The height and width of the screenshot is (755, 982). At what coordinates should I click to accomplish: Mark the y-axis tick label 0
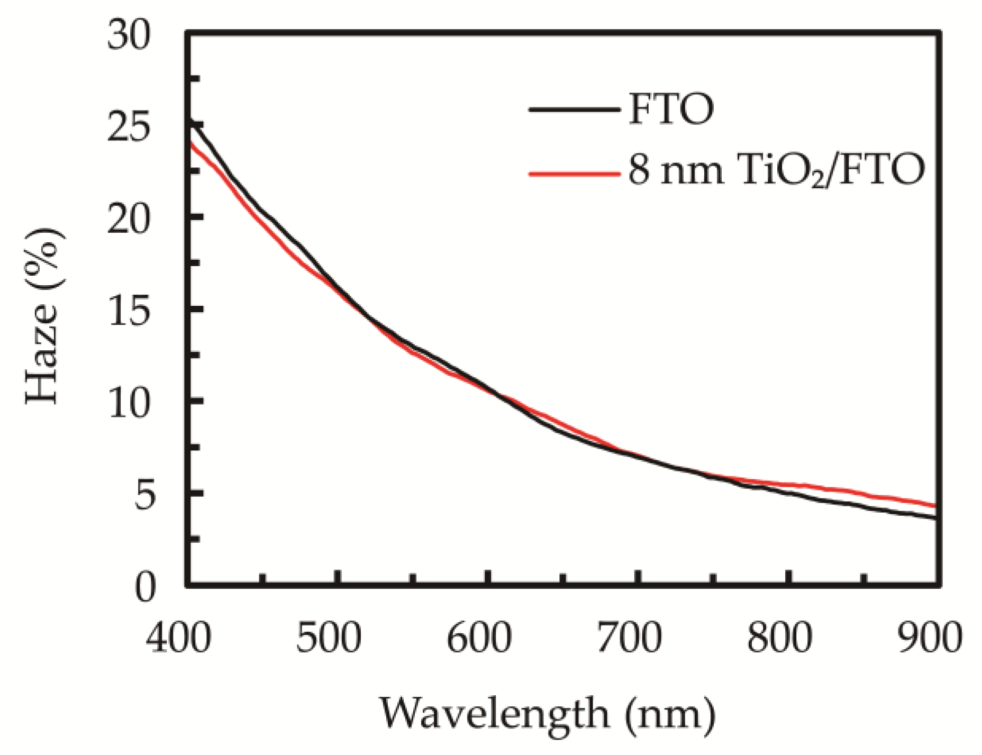144,588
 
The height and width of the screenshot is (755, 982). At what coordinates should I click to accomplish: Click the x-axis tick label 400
178,639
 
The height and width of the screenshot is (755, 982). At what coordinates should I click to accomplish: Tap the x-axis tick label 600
479,639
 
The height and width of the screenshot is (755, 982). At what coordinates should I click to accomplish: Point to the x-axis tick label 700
629,639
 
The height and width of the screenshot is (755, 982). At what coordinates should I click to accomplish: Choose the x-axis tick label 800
779,639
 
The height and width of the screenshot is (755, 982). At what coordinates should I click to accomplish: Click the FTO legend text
671,110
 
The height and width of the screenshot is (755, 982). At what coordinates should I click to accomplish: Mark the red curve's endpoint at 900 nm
935,506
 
